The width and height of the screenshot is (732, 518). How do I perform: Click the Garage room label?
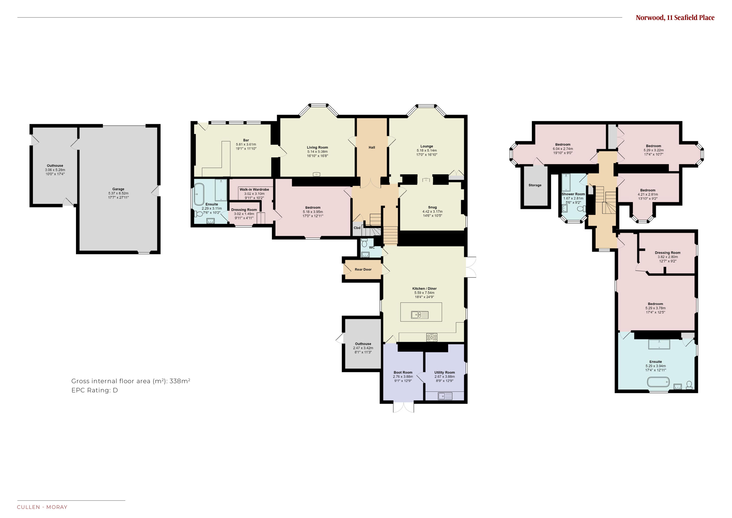(118, 189)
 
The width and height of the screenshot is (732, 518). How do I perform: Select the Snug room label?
(432, 207)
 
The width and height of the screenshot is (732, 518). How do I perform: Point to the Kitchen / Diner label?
(424, 288)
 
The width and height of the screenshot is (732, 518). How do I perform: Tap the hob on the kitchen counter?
(432, 337)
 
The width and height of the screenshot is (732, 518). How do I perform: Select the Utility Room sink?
(445, 396)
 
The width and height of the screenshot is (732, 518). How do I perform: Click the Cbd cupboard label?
(357, 228)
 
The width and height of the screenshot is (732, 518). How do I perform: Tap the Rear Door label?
(363, 269)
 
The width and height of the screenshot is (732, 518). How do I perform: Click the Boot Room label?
(403, 373)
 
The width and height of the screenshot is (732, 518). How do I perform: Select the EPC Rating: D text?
(95, 390)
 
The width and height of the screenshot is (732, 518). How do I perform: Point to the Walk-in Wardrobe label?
(254, 189)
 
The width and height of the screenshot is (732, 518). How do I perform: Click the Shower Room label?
(573, 194)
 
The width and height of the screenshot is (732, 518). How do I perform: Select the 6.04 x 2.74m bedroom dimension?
(563, 149)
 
